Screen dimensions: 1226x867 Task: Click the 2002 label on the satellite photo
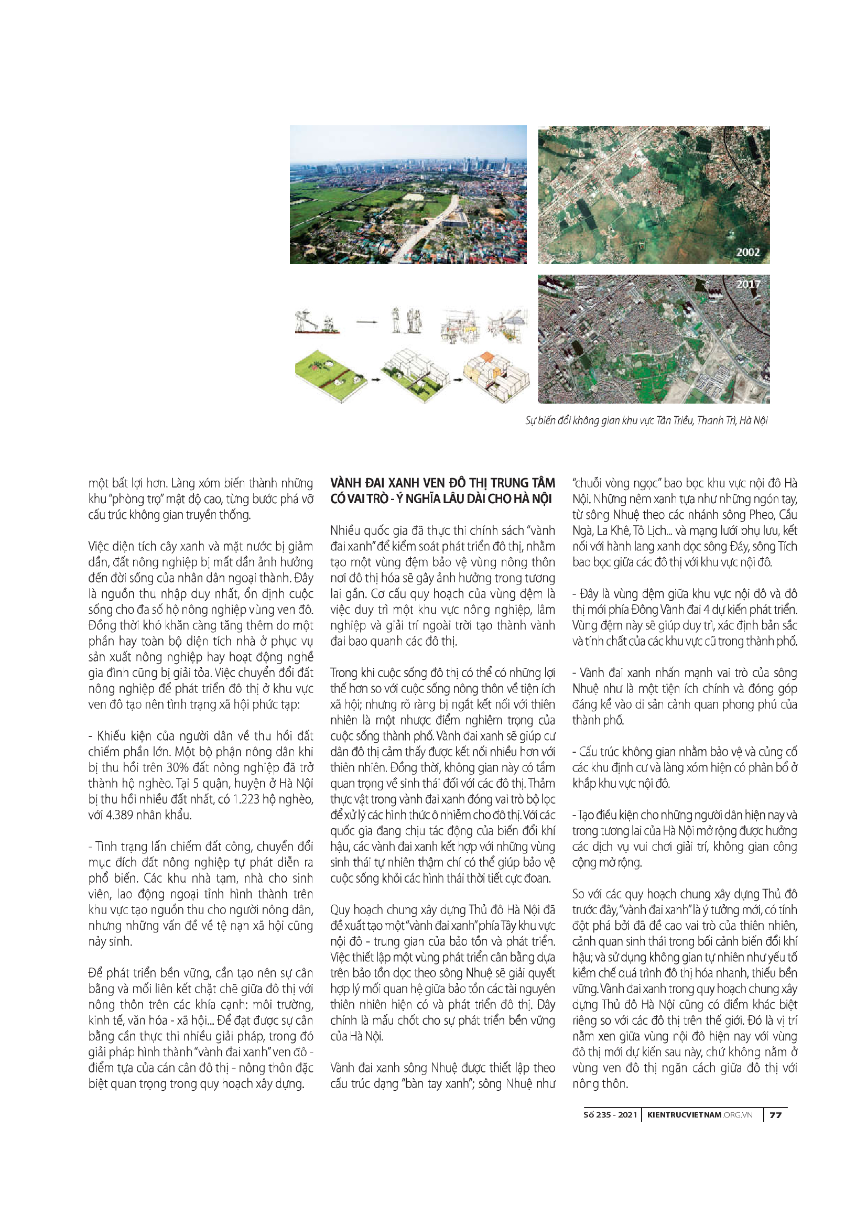click(747, 252)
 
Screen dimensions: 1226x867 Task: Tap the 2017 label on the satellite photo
click(747, 284)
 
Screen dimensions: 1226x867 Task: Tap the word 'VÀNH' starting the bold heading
click(346, 483)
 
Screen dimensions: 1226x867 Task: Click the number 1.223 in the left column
click(248, 799)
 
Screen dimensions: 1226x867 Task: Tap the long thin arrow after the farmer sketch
click(367, 322)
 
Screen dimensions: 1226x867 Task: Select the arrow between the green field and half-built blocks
click(375, 379)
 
